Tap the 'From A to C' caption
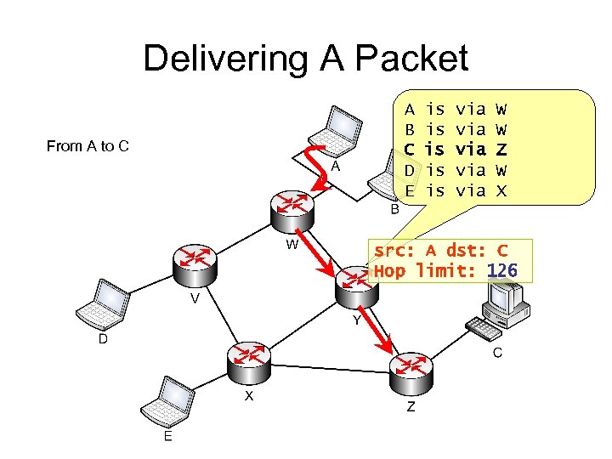88,146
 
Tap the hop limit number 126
502,271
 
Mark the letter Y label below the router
357,321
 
